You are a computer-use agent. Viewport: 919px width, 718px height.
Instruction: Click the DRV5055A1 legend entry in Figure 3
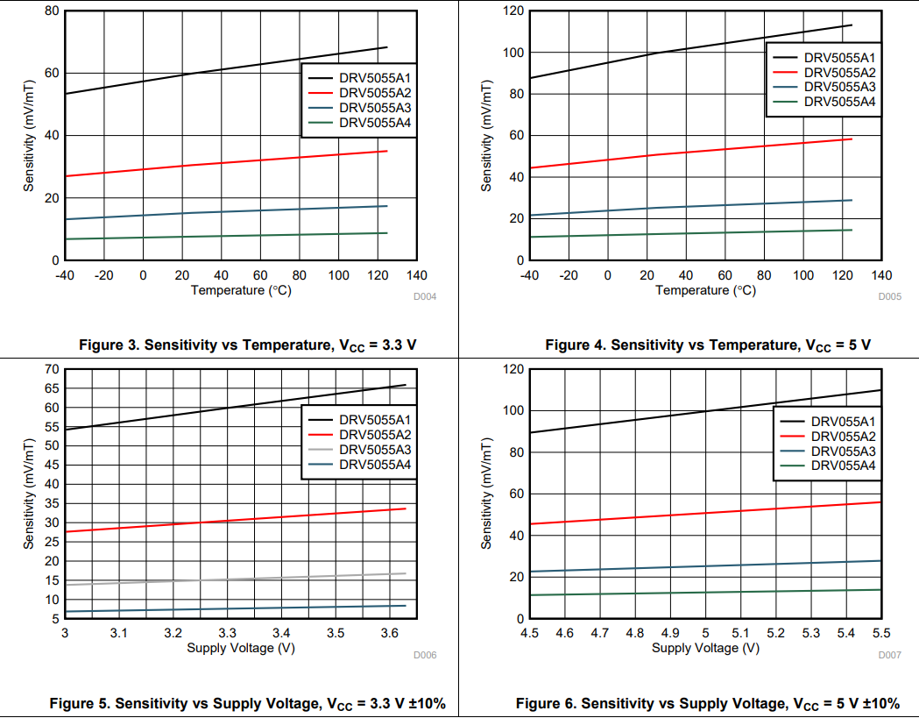click(375, 77)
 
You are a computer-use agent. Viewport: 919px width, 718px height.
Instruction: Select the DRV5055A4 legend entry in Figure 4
click(839, 102)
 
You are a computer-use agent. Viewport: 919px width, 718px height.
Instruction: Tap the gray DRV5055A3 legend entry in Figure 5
click(375, 449)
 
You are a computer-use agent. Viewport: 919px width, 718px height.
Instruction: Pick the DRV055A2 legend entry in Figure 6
click(843, 436)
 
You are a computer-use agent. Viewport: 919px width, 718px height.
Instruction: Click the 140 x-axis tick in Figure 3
click(417, 275)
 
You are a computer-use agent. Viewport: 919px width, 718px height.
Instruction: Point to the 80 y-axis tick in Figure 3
click(52, 11)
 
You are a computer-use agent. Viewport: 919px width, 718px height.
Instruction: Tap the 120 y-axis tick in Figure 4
click(513, 11)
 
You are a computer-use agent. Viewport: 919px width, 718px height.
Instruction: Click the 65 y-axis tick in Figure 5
click(52, 387)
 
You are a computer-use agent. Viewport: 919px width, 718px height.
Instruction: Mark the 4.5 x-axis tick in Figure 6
click(529, 633)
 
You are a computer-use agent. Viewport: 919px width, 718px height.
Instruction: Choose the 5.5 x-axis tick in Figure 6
click(880, 633)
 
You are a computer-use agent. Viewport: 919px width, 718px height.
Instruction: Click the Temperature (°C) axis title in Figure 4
click(705, 290)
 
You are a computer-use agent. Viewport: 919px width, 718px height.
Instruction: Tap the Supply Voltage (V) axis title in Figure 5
click(241, 648)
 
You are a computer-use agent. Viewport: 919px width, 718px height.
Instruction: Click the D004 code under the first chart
click(425, 297)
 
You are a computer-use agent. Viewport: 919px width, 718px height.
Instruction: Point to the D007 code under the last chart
click(889, 655)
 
